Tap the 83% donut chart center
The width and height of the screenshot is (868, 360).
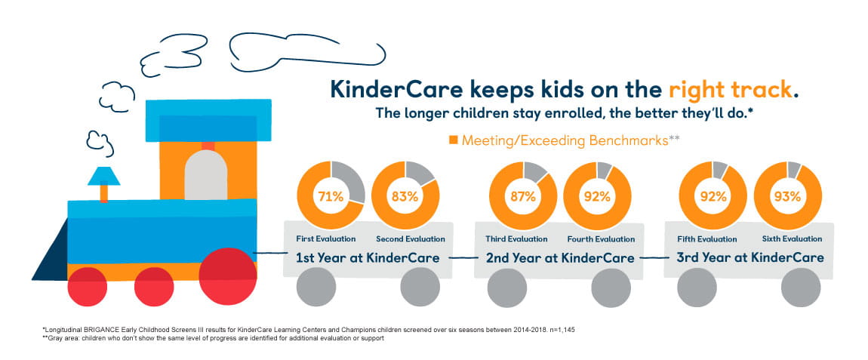405,197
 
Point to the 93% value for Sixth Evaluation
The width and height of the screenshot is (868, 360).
787,197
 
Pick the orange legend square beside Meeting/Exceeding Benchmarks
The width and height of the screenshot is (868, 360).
454,140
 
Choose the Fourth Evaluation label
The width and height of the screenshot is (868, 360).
601,239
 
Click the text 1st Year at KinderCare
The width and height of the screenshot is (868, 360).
368,257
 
